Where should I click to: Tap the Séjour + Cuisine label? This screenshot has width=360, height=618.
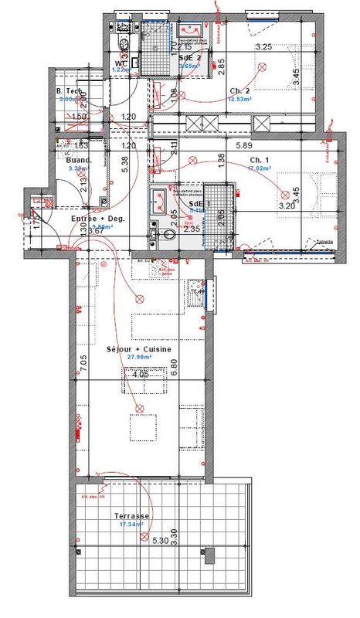pos(139,349)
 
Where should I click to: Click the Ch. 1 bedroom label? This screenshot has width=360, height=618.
pos(258,160)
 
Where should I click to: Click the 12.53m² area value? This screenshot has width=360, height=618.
pos(240,98)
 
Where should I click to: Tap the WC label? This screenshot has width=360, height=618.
pos(121,63)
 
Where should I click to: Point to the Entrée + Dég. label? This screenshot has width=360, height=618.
pos(98,219)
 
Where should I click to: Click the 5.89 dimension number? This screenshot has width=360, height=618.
pos(245,145)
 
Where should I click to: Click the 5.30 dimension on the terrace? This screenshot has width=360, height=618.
pos(161,542)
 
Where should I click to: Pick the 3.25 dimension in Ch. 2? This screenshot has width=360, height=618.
pos(263,47)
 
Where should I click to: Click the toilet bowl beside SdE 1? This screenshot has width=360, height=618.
pos(155,234)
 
